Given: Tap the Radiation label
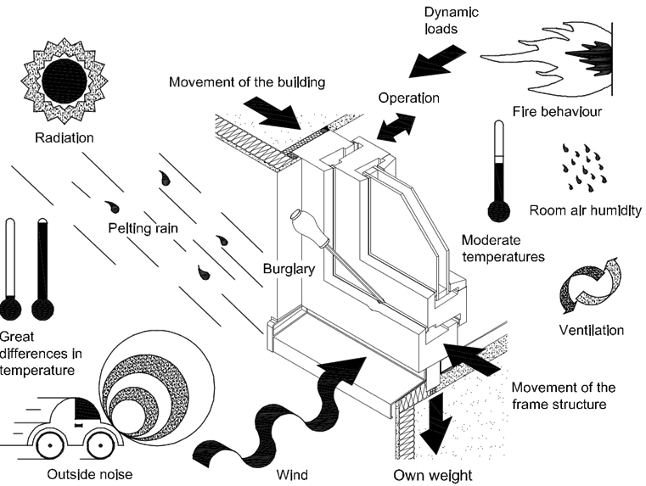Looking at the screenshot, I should pyautogui.click(x=64, y=137).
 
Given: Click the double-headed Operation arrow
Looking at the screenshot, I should pyautogui.click(x=395, y=128).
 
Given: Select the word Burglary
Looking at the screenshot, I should pyautogui.click(x=289, y=270).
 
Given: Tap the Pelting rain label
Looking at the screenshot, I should pyautogui.click(x=141, y=228).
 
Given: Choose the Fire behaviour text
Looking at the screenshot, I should pyautogui.click(x=558, y=112).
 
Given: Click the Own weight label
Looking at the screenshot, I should pyautogui.click(x=431, y=475).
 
